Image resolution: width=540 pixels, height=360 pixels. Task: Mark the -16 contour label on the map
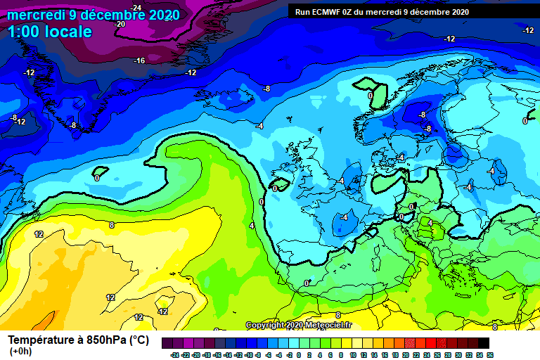click(139, 60)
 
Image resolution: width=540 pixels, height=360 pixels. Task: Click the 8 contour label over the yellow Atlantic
click(111, 225)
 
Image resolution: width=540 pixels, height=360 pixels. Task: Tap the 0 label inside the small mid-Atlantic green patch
click(97, 178)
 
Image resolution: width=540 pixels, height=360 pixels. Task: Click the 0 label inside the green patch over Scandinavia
click(371, 95)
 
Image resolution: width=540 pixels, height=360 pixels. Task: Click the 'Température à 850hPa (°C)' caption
click(78, 340)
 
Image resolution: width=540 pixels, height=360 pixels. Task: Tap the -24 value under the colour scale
click(174, 355)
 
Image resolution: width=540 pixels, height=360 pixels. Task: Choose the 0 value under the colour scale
click(300, 355)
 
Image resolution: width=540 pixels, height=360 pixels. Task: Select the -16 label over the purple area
click(139, 60)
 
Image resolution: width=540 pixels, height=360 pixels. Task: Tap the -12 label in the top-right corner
click(528, 30)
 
